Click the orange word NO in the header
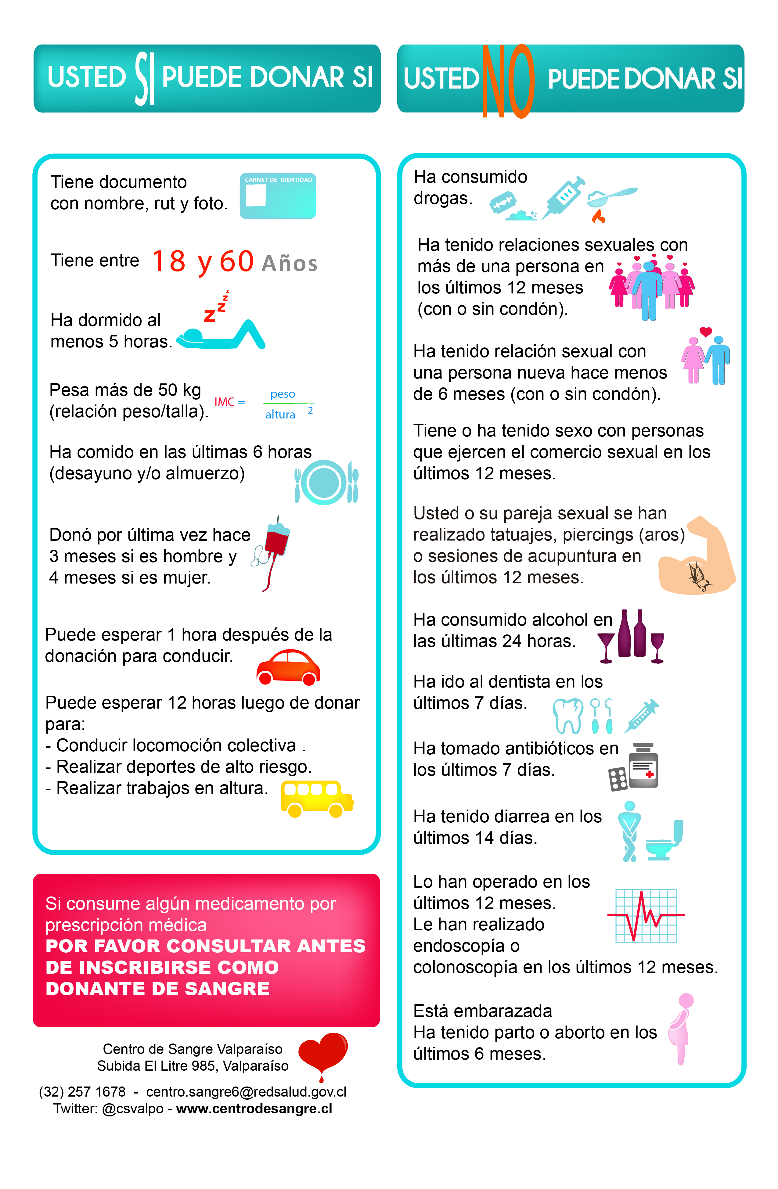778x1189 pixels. click(507, 81)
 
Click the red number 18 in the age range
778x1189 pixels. click(169, 261)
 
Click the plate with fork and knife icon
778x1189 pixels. click(326, 482)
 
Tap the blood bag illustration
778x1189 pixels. click(276, 542)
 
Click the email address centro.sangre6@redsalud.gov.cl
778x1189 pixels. click(246, 1092)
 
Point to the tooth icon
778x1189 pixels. click(568, 715)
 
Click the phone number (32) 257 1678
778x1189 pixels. click(82, 1092)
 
